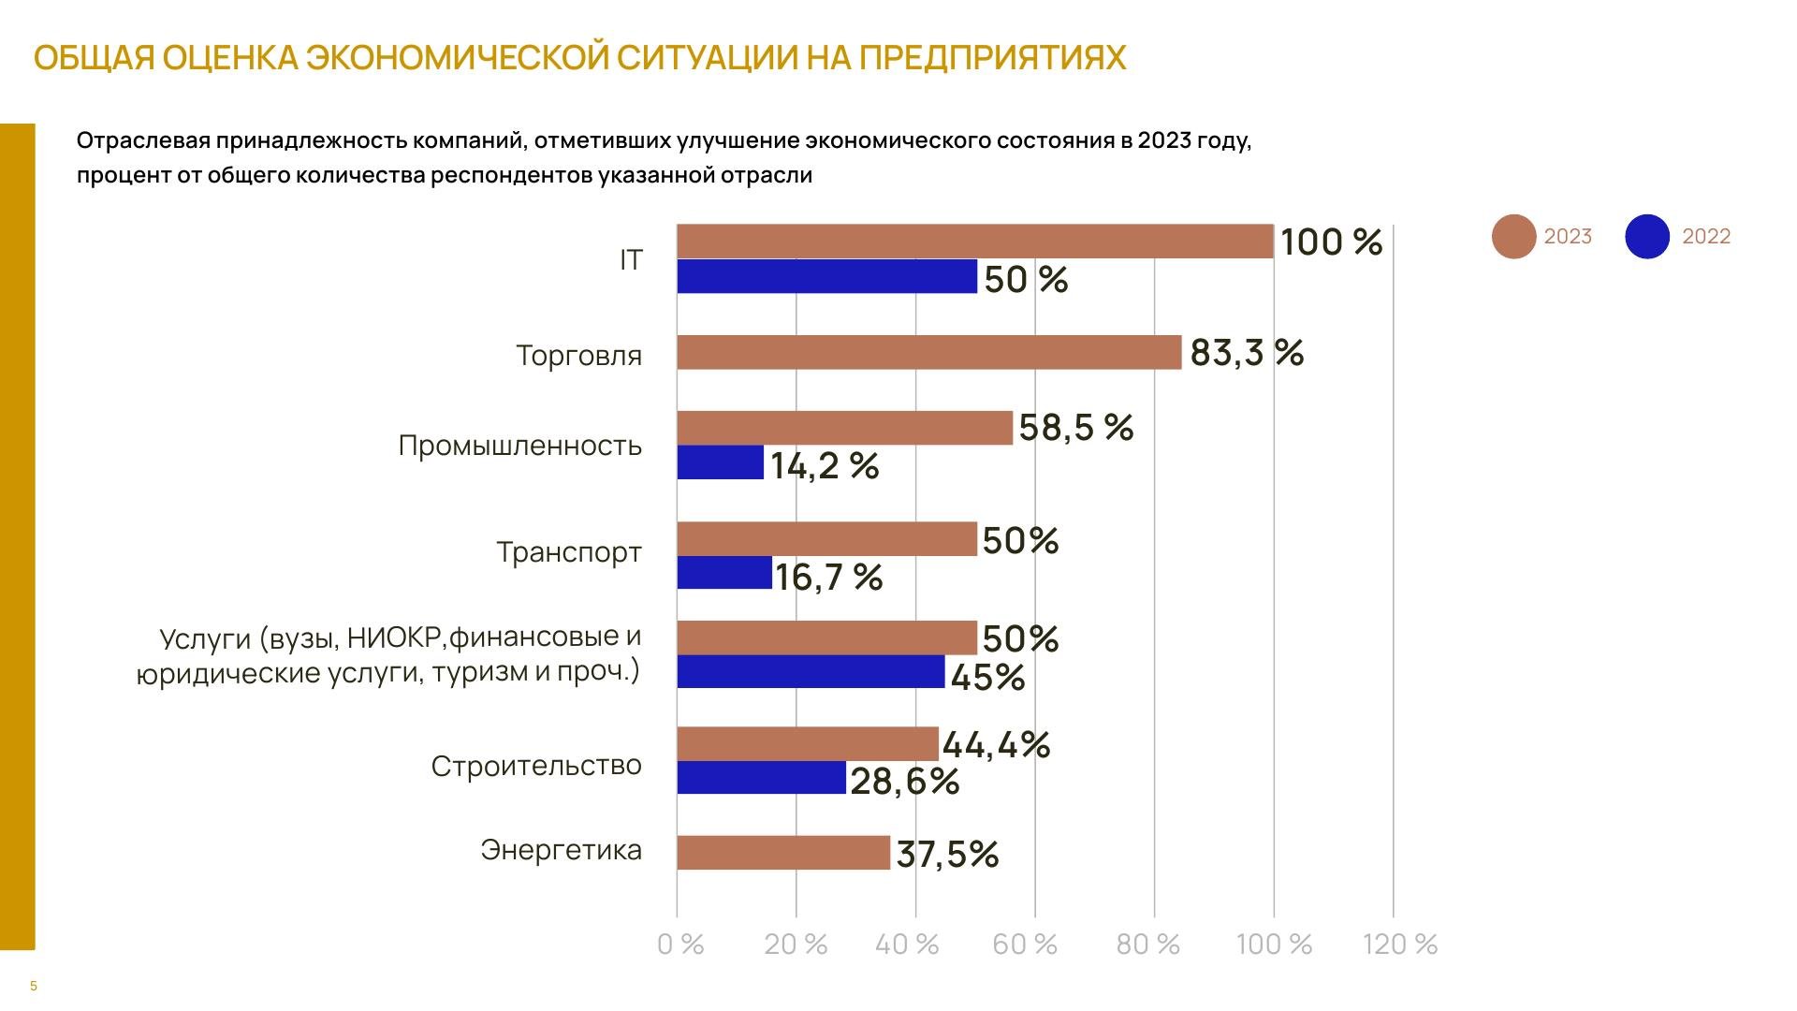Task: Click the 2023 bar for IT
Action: [974, 242]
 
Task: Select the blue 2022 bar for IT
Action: [826, 277]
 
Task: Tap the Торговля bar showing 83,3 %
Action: [928, 353]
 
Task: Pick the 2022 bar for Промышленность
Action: [720, 462]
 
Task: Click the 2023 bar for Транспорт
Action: [826, 539]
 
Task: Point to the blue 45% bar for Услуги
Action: [811, 672]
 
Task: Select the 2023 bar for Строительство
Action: [807, 744]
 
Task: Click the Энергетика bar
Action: [783, 853]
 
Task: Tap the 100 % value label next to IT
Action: [1331, 242]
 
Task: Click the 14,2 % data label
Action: [825, 465]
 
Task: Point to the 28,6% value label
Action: [904, 781]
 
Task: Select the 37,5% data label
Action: [947, 854]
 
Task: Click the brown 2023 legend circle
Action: [1513, 237]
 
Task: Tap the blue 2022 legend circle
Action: [1647, 237]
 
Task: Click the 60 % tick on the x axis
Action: [1025, 945]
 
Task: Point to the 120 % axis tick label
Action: [1400, 945]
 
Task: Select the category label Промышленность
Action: [519, 446]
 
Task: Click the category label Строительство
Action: [536, 766]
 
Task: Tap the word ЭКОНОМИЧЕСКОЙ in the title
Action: [459, 58]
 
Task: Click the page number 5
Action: [34, 986]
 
